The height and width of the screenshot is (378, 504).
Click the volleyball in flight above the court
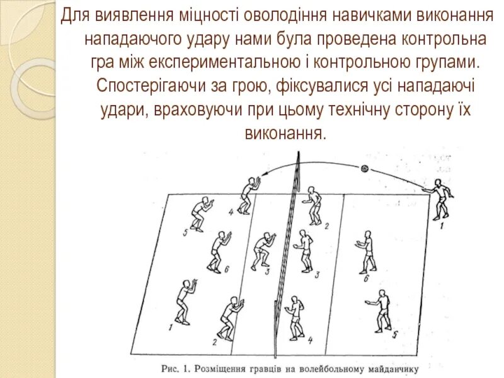pos(364,169)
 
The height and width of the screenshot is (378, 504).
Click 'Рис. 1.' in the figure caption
pos(178,367)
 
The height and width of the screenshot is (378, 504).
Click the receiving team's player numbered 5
pos(200,214)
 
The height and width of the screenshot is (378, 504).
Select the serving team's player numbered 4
pos(294,317)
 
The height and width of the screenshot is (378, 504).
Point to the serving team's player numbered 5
pos(381,310)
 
